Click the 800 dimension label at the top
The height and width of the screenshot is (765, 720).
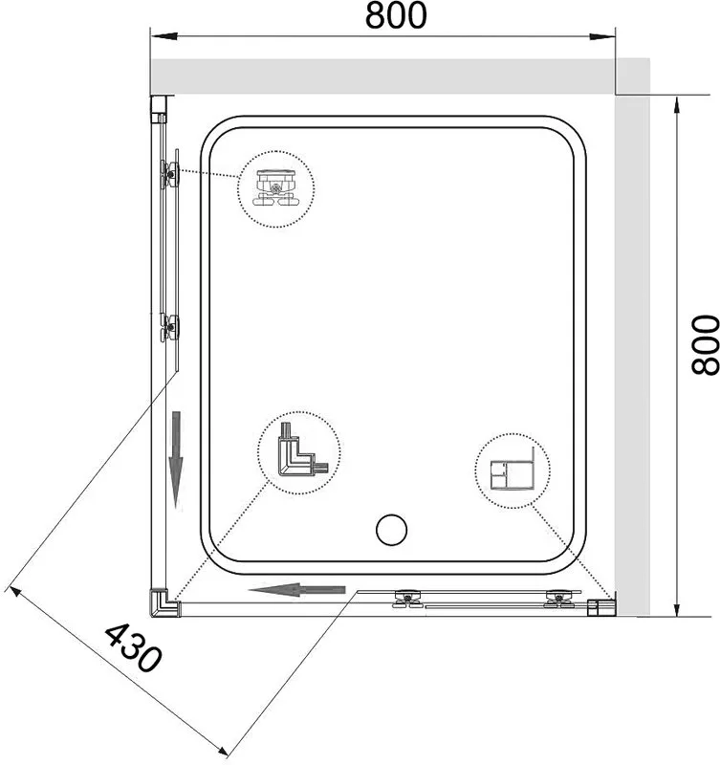396,15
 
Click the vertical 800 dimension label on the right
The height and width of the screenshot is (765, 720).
706,344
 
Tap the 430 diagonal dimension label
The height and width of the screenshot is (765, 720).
133,648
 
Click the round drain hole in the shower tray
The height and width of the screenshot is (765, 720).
391,530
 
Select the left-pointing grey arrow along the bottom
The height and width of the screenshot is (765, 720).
297,589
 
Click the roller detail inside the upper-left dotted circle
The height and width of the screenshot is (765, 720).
276,187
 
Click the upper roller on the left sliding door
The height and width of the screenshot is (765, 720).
170,173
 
